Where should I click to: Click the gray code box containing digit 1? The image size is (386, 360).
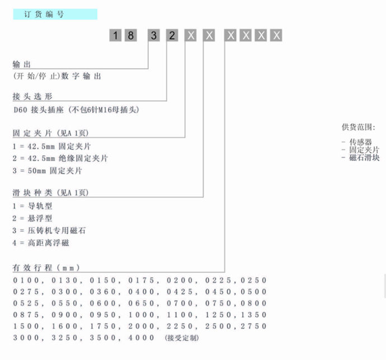[x=115, y=35]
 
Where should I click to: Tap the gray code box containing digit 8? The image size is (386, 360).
[x=131, y=35]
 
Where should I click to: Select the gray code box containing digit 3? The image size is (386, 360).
[x=154, y=35]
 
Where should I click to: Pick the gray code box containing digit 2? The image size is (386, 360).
[x=172, y=35]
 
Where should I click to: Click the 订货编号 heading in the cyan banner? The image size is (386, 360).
[x=44, y=15]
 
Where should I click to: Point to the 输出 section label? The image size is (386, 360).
[x=22, y=64]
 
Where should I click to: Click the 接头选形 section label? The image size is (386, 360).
[x=32, y=96]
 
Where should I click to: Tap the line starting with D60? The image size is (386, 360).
[x=76, y=110]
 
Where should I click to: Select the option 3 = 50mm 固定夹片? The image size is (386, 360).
[x=47, y=171]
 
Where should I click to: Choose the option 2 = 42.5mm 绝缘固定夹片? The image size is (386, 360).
[x=60, y=158]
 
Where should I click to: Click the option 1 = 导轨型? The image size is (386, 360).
[x=32, y=205]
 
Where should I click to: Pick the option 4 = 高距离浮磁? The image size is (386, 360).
[x=41, y=243]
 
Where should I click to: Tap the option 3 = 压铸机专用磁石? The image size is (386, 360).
[x=49, y=231]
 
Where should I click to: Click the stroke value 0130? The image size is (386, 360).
[x=64, y=280]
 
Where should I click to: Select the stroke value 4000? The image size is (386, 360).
[x=142, y=338]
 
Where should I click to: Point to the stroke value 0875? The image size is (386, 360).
[x=26, y=315]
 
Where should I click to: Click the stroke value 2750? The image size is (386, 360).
[x=253, y=326]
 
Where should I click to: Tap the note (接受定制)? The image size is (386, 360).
[x=182, y=338]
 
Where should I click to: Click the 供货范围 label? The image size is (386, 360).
[x=358, y=127]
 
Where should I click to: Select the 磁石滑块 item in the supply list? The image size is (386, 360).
[x=364, y=157]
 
